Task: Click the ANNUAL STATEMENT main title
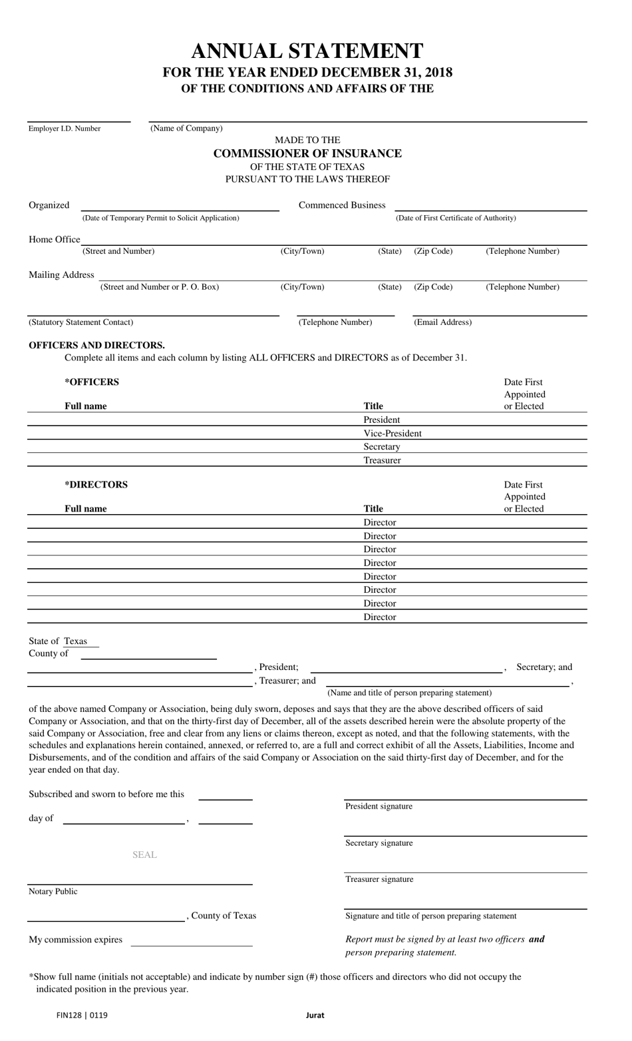(307, 51)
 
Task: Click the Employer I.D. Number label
(65, 129)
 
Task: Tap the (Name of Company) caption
(186, 128)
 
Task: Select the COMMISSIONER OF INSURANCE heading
(307, 153)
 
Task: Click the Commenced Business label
(342, 205)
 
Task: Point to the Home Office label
(54, 239)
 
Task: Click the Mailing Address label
(61, 274)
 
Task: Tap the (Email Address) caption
(442, 322)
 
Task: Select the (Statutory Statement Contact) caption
(80, 322)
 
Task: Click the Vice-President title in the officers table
(393, 434)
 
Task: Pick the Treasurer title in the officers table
(382, 460)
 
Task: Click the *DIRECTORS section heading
(96, 484)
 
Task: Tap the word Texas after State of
(75, 641)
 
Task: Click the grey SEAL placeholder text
(144, 855)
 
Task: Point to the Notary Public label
(53, 891)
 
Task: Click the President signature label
(379, 807)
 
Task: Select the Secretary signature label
(379, 843)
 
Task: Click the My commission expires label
(75, 940)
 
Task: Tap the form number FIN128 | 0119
(82, 1015)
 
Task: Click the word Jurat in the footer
(315, 1015)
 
